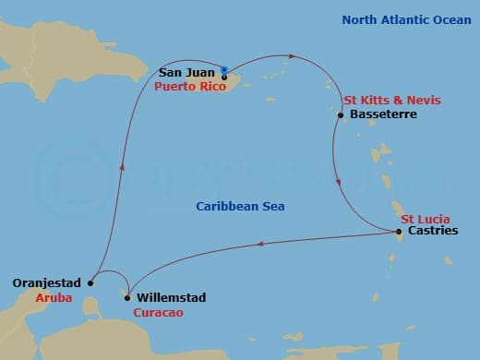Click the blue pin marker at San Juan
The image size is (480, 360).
pos(224,69)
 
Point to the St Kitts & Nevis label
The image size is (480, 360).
pos(391,100)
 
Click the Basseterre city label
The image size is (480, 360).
pos(384,114)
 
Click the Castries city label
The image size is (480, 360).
pos(432,232)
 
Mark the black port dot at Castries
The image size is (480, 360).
pos(399,232)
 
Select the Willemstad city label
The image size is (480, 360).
pos(171,298)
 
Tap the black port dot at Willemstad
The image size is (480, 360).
pos(126,297)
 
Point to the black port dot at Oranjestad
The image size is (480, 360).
pos(90,283)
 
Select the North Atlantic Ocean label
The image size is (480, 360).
pos(399,18)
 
